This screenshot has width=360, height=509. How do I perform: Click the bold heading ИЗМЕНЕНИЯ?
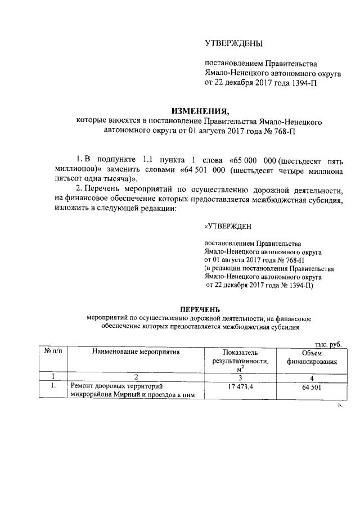pyautogui.click(x=201, y=110)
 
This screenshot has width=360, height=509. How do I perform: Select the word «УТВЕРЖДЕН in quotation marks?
pyautogui.click(x=228, y=227)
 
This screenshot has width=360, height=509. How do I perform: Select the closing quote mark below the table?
pyautogui.click(x=340, y=405)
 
